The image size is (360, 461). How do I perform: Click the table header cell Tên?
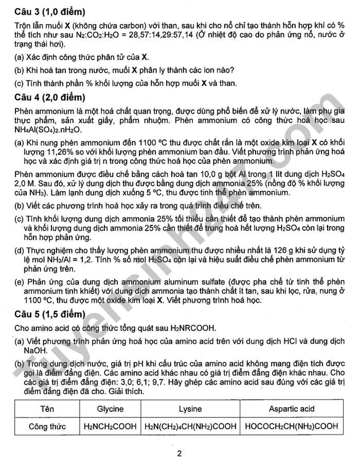coord(47,409)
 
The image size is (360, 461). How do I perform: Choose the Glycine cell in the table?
coord(110,409)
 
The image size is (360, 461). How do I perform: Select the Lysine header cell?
coord(190,409)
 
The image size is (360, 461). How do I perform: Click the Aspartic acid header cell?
coord(292,409)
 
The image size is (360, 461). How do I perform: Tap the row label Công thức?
coord(47,426)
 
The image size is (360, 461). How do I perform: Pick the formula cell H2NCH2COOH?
coord(110,426)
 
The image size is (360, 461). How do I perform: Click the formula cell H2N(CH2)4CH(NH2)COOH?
coord(190,426)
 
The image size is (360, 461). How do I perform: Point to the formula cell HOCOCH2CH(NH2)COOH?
coord(292,426)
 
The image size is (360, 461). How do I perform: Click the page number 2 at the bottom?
coord(179,453)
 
